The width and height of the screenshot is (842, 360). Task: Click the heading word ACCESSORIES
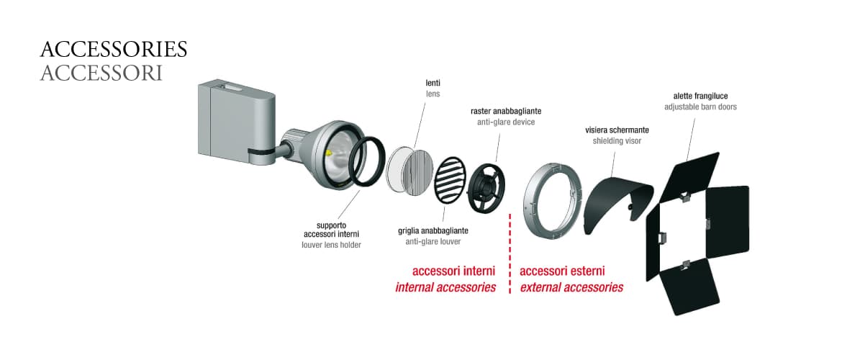click(x=114, y=50)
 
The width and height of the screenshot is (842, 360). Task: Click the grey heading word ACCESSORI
click(x=101, y=73)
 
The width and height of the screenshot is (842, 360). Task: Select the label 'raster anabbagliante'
click(x=506, y=112)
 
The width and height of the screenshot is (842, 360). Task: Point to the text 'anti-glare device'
click(x=506, y=122)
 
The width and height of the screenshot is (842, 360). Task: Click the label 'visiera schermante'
click(x=616, y=130)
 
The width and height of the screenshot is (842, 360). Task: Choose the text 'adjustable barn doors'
click(x=700, y=107)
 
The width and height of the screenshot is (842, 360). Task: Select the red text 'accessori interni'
click(x=453, y=271)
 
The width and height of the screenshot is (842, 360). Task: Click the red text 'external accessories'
click(x=571, y=287)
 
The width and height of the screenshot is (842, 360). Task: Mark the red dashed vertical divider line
click(x=510, y=252)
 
